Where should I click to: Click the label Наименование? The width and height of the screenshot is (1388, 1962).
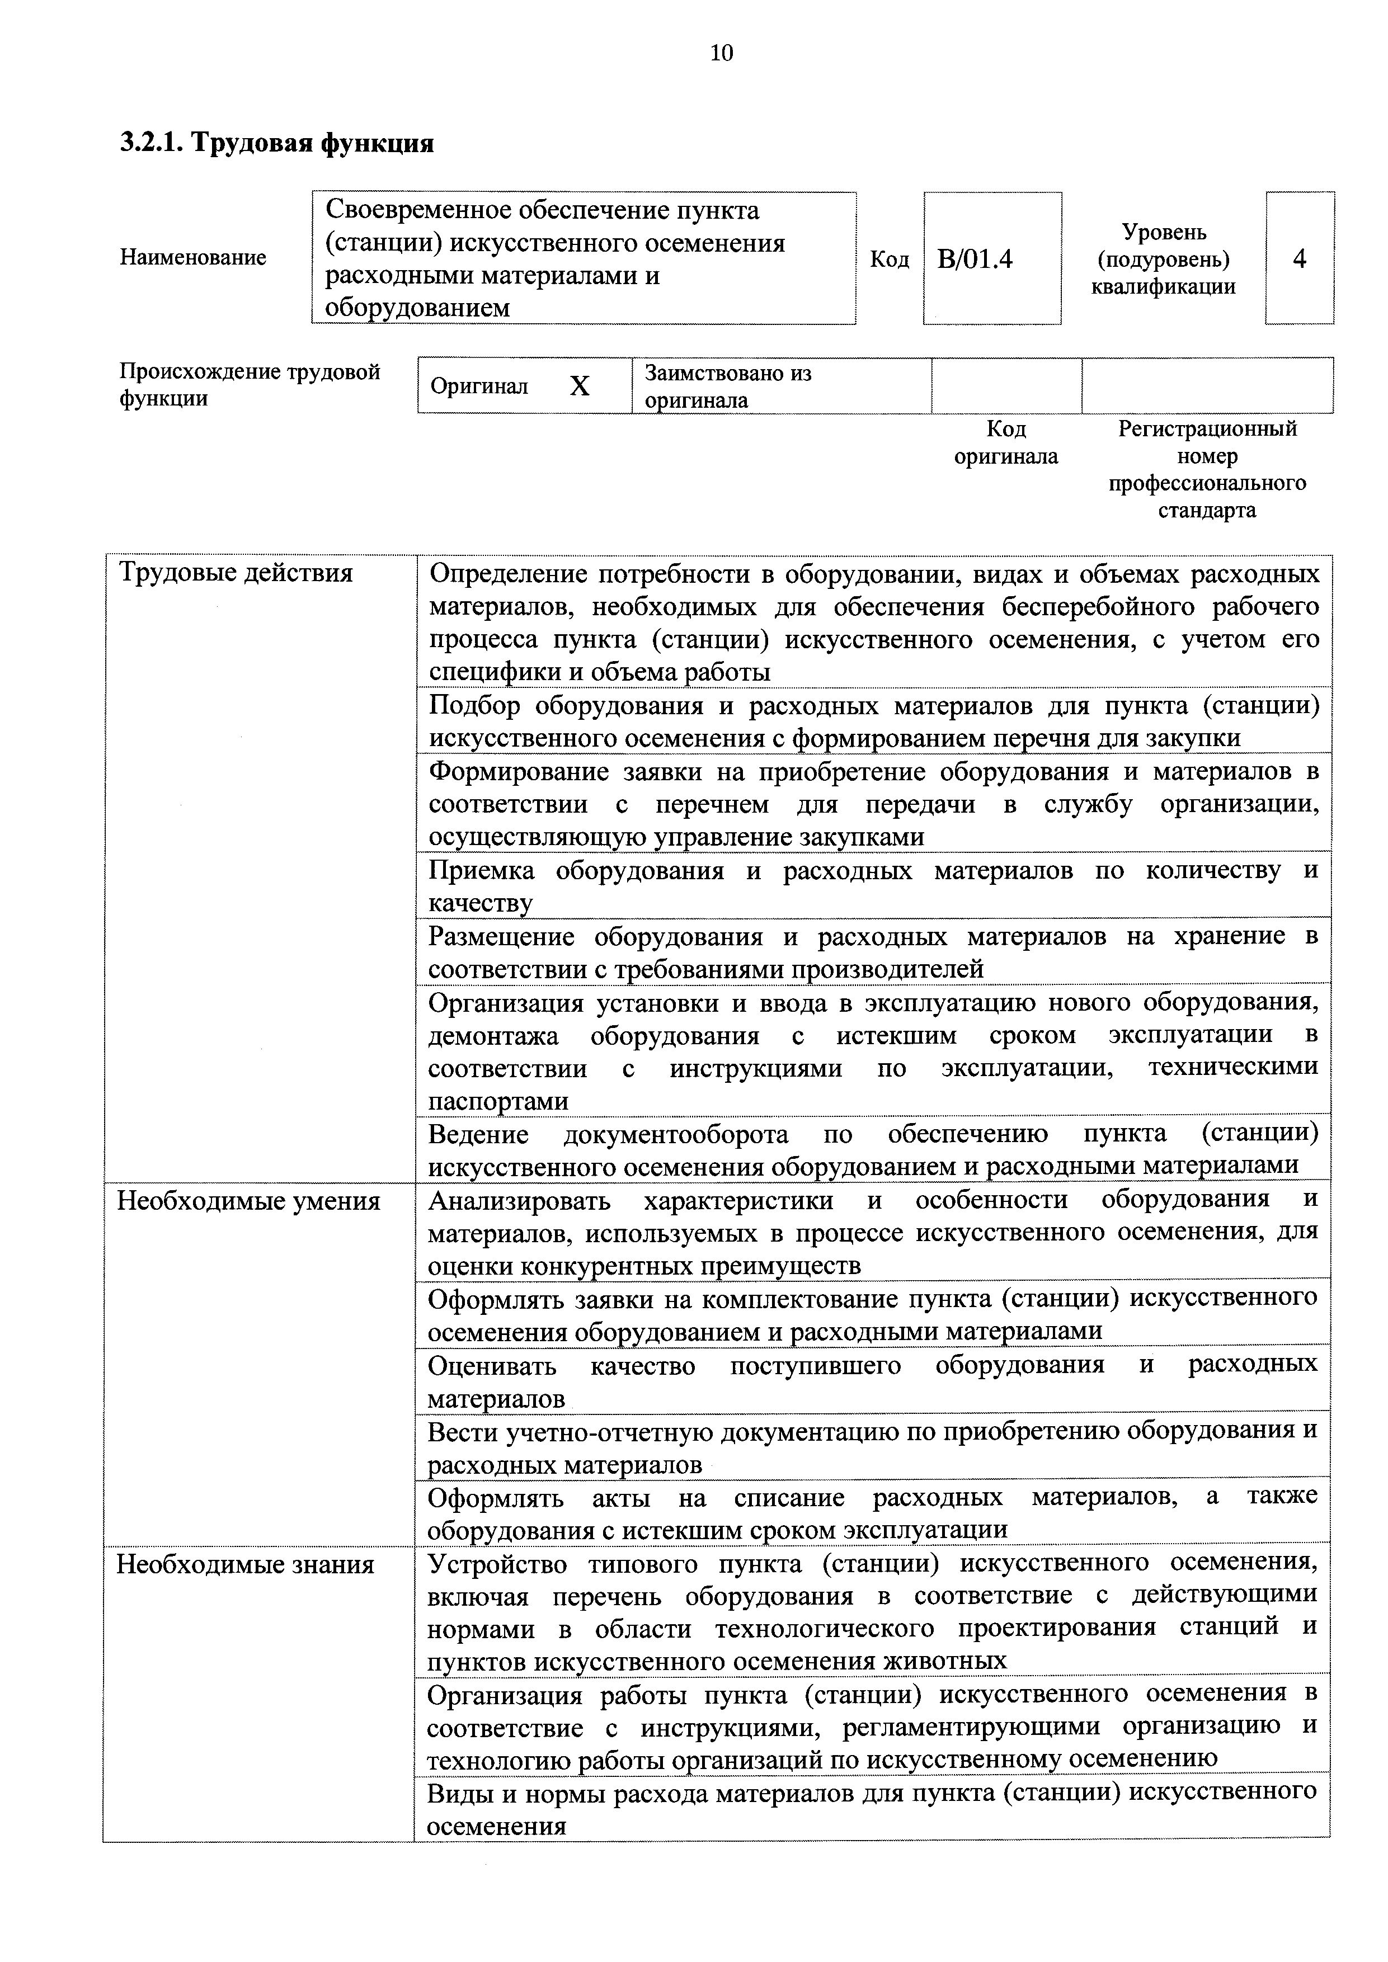coord(193,257)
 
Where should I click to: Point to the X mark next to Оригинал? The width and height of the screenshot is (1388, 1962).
coord(580,387)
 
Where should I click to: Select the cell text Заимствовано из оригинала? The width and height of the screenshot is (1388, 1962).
coord(728,386)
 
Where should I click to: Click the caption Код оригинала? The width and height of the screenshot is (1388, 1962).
coord(1006,442)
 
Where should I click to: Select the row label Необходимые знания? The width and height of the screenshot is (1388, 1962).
coord(245,1565)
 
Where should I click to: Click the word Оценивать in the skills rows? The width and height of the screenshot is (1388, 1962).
coord(491,1366)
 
